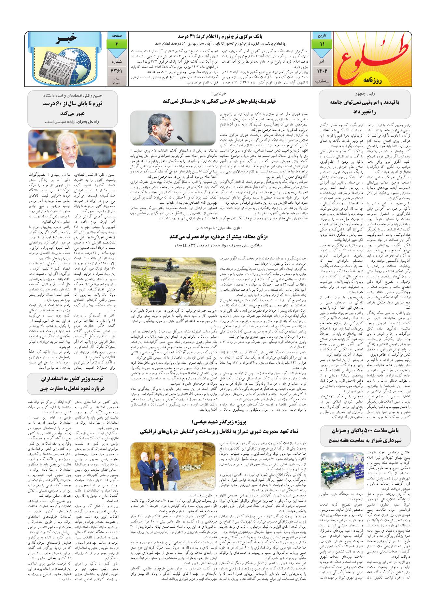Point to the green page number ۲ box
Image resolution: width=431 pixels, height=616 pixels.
click(x=117, y=44)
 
